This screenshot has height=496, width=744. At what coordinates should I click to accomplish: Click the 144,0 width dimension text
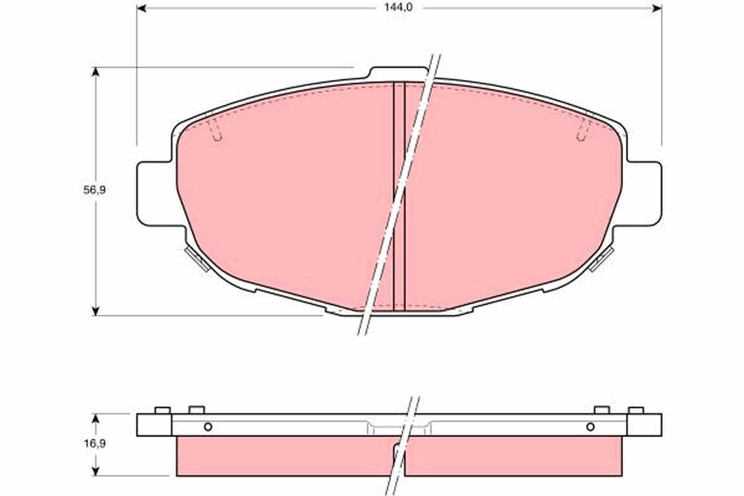398,7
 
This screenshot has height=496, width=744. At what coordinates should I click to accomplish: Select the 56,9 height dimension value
95,190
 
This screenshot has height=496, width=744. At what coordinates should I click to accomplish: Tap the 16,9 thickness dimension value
95,444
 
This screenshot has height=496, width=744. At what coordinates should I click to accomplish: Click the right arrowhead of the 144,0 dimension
657,8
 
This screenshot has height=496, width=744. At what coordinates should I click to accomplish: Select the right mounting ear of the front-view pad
645,192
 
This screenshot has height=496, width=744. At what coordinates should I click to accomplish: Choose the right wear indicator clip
601,259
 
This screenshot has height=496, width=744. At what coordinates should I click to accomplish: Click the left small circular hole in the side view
208,427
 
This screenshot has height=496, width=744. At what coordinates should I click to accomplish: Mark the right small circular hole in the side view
590,427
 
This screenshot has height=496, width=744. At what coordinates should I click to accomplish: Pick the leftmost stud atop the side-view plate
162,410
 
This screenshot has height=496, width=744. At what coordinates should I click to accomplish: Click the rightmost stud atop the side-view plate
636,410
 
